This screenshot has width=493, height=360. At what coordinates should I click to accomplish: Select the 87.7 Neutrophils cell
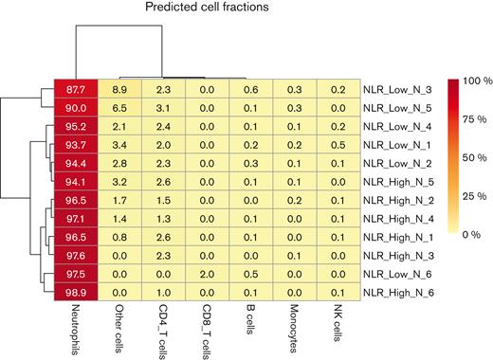[77, 90]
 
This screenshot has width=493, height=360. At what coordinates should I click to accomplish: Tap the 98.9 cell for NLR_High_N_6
[77, 293]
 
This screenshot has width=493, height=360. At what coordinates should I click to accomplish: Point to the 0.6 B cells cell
[250, 90]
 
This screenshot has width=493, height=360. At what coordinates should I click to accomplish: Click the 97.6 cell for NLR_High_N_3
[77, 256]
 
